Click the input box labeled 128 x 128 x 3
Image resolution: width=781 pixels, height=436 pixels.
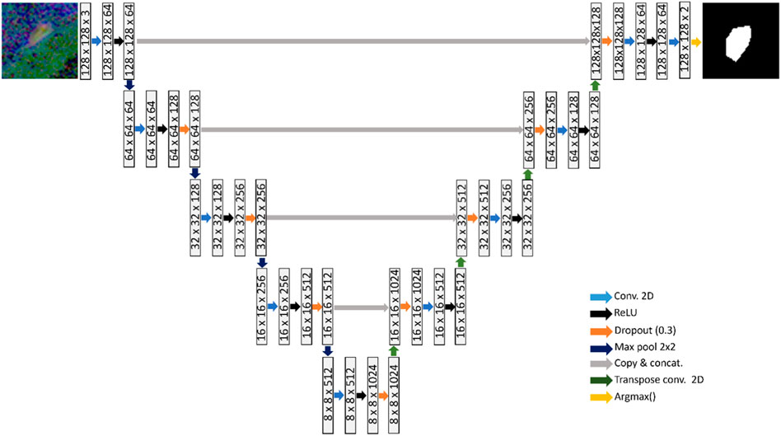pos(86,40)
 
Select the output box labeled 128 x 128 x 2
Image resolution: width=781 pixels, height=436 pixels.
pos(684,40)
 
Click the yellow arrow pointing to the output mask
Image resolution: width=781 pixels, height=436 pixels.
pos(695,40)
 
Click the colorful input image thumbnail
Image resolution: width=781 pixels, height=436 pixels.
pos(39,40)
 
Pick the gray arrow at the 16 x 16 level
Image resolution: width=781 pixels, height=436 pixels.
pos(361,307)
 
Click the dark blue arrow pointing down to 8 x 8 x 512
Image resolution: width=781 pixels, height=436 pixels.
pos(328,351)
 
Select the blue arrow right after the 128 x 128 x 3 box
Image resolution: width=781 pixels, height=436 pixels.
pos(97,40)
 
